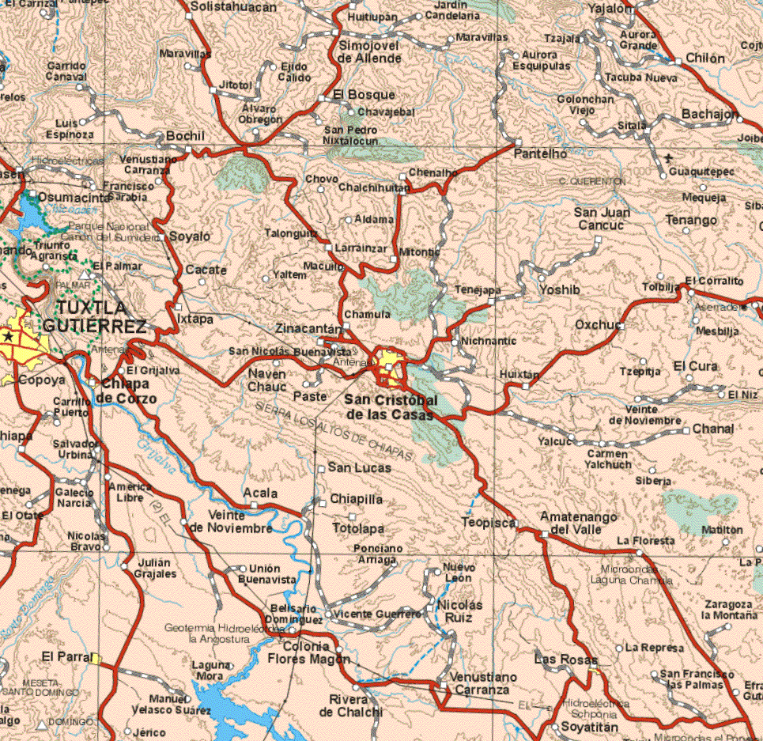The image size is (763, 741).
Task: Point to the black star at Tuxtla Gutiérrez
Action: pos(8,337)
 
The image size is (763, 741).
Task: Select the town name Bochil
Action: pos(186,137)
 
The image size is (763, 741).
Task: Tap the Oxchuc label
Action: pos(598,324)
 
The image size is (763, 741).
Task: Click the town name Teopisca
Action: pos(489,522)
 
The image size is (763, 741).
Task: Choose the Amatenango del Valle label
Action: pos(578,523)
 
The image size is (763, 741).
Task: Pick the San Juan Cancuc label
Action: pos(602,219)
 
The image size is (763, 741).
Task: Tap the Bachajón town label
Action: pos(710,115)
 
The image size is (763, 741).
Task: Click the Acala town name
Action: pos(261,493)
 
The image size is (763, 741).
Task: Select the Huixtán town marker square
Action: pos(525,386)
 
